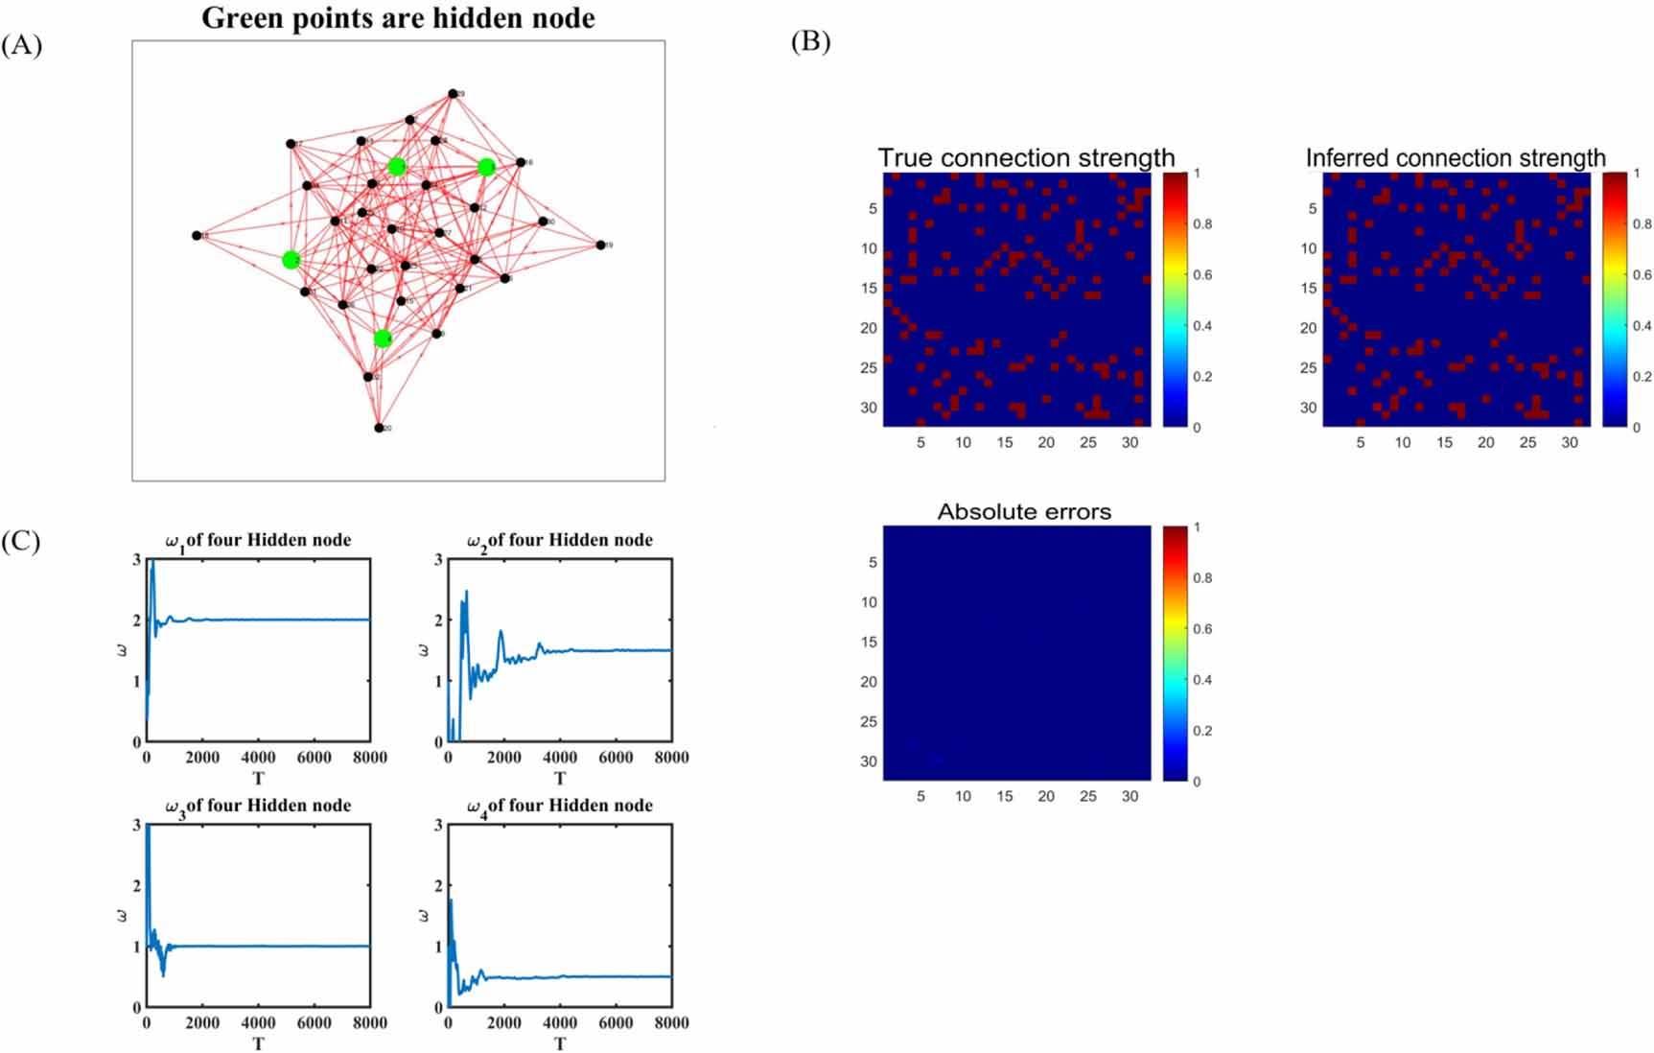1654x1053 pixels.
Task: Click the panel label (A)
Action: click(21, 45)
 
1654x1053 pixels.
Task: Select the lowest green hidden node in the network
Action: click(383, 338)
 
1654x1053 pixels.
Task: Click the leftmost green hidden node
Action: click(291, 260)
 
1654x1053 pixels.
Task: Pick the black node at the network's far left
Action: click(197, 235)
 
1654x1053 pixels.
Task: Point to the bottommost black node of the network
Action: click(379, 428)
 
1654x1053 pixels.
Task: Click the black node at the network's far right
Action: click(601, 246)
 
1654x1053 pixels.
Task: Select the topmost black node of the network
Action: click(453, 94)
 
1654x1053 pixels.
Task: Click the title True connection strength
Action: click(1026, 157)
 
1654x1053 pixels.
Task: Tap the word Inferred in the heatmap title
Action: click(1351, 157)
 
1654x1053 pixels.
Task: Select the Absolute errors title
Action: click(1024, 511)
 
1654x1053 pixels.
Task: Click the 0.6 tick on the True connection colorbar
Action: click(1202, 275)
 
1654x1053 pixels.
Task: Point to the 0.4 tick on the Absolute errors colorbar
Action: click(1202, 680)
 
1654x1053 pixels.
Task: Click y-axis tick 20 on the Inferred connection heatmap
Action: click(1308, 328)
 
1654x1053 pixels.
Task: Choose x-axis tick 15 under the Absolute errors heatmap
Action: click(1004, 796)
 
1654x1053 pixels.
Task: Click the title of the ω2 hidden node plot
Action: click(559, 541)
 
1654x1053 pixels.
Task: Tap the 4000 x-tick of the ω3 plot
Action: click(258, 1023)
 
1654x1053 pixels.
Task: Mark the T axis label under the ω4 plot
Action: click(560, 1043)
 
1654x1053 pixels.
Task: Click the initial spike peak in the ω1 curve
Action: click(151, 564)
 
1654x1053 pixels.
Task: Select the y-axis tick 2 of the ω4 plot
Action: click(438, 886)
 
